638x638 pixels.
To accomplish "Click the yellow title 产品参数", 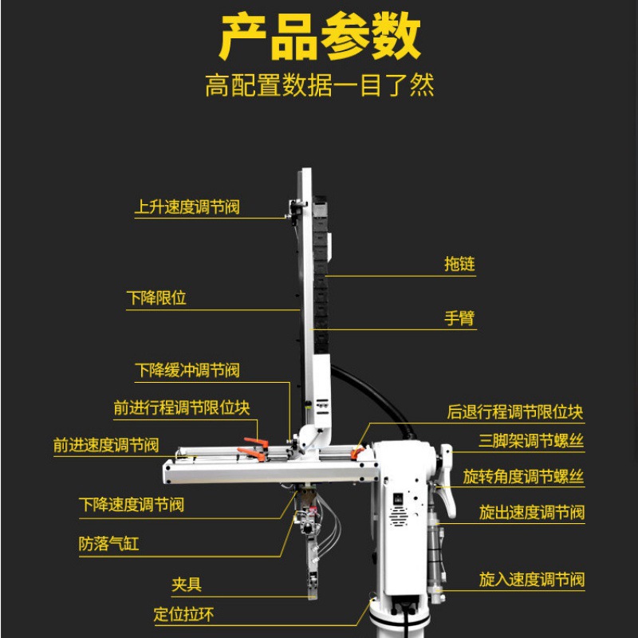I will point(319,37).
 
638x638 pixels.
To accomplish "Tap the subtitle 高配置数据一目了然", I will point(319,85).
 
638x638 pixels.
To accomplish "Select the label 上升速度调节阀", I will point(187,207).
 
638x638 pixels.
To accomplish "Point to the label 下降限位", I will point(156,298).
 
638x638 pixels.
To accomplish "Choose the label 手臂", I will point(459,318).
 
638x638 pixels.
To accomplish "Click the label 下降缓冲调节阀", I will point(187,371).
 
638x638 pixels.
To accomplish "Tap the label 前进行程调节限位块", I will point(182,408).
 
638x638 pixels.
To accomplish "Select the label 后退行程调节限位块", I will point(515,412).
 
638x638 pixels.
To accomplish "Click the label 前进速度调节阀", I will point(106,445).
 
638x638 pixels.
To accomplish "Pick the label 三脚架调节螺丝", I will point(531,440).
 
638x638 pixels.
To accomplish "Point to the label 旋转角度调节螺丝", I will point(524,477).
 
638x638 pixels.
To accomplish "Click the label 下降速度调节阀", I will point(132,505).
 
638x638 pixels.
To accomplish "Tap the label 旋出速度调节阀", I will point(531,512).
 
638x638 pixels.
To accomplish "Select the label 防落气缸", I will point(108,544).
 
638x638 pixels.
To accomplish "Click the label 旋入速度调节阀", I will point(531,579).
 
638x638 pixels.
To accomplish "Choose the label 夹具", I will point(187,585).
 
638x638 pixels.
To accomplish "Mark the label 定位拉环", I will point(183,615).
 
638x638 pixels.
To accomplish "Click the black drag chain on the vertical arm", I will point(320,263).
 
